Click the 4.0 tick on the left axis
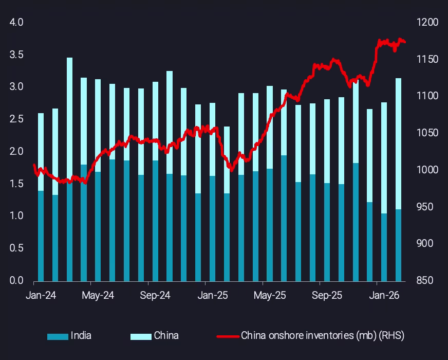17,23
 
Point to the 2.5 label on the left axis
17,119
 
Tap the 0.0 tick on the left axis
17,281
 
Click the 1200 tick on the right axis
428,23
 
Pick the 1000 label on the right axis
428,170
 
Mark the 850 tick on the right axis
428,281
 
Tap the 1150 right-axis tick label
428,60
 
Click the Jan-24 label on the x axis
41,296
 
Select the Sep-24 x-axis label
155,296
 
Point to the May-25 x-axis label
270,296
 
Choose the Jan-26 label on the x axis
384,296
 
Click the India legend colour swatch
57,336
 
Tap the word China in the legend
166,336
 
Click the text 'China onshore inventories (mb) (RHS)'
323,336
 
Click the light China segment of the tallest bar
69,118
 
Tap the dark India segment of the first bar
41,236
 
